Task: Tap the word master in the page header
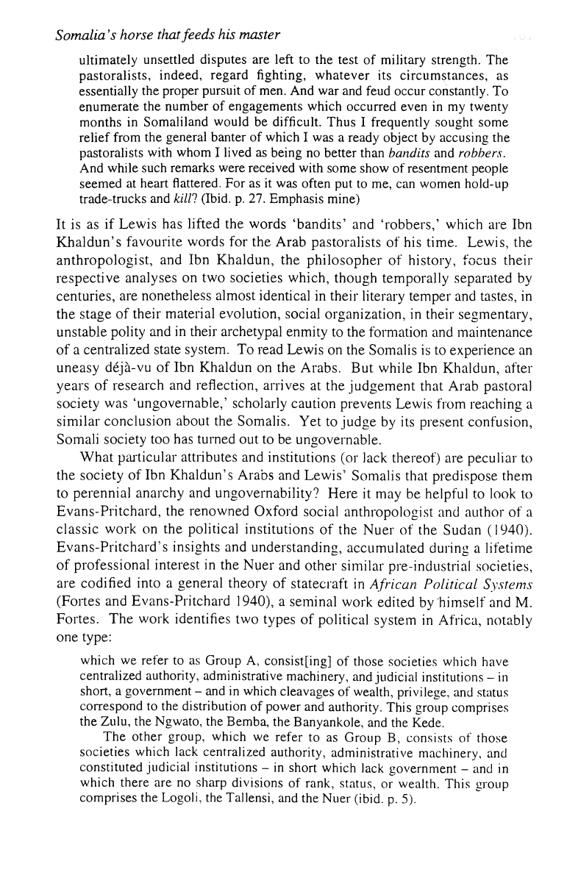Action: [x=256, y=35]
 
